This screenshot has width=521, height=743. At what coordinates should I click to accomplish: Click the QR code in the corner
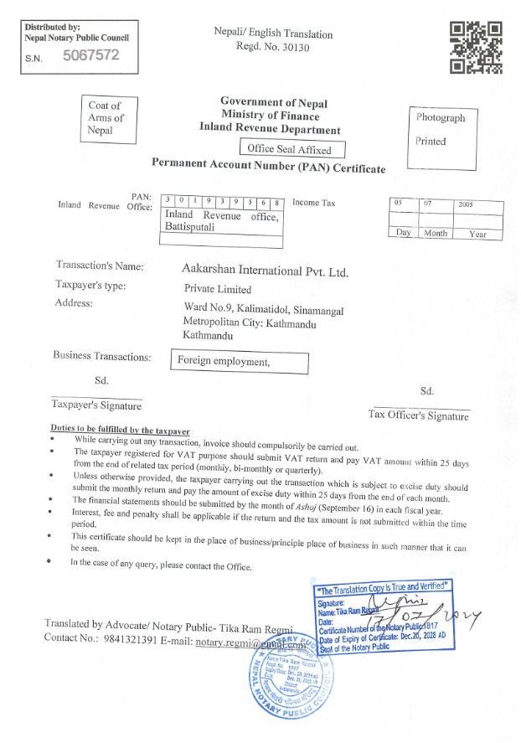pyautogui.click(x=476, y=46)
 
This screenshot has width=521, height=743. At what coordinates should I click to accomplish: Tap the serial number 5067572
pyautogui.click(x=91, y=56)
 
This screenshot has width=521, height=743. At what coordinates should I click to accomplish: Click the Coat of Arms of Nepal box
pyautogui.click(x=106, y=118)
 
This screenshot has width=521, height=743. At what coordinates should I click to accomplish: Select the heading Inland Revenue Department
pyautogui.click(x=270, y=130)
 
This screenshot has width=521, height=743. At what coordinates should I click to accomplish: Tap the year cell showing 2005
pyautogui.click(x=479, y=204)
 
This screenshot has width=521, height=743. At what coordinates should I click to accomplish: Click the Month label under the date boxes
pyautogui.click(x=435, y=234)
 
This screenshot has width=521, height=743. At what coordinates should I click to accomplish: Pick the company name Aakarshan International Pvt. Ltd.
pyautogui.click(x=265, y=271)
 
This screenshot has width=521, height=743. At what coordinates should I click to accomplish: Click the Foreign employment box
pyautogui.click(x=239, y=362)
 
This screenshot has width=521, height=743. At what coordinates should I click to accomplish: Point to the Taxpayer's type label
pyautogui.click(x=90, y=286)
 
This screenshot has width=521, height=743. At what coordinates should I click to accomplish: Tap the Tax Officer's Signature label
pyautogui.click(x=418, y=416)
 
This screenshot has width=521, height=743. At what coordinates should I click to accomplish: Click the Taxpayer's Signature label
pyautogui.click(x=96, y=405)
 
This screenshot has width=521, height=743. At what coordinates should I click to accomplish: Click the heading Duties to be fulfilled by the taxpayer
pyautogui.click(x=121, y=429)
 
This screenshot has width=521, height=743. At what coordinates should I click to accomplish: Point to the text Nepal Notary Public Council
pyautogui.click(x=77, y=38)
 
